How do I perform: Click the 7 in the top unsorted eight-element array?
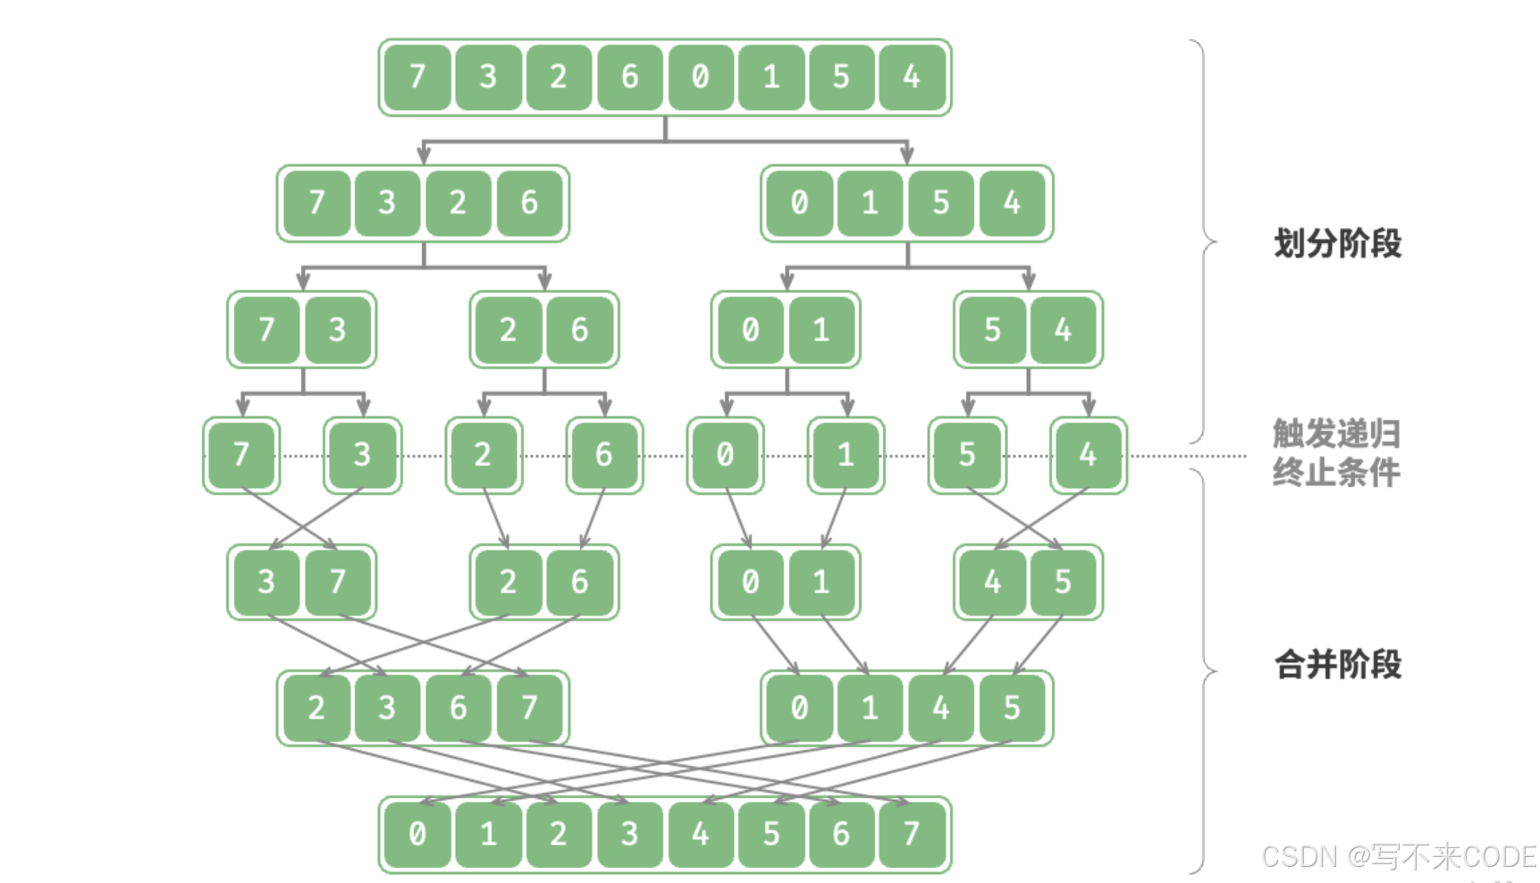pyautogui.click(x=417, y=78)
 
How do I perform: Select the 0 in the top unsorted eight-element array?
pyautogui.click(x=700, y=78)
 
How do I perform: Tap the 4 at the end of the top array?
pyautogui.click(x=912, y=78)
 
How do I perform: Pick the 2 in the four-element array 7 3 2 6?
pyautogui.click(x=458, y=204)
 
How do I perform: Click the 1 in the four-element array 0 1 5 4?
pyautogui.click(x=870, y=204)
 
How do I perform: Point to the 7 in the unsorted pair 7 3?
pyautogui.click(x=266, y=330)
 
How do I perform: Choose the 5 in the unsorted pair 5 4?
pyautogui.click(x=992, y=330)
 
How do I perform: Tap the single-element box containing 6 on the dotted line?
pyautogui.click(x=604, y=455)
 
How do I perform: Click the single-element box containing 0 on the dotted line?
pyautogui.click(x=725, y=455)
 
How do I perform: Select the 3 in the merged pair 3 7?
pyautogui.click(x=266, y=582)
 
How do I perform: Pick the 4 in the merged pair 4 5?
pyautogui.click(x=992, y=582)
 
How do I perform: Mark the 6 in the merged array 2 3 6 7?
pyautogui.click(x=458, y=708)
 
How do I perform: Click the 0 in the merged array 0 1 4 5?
pyautogui.click(x=799, y=708)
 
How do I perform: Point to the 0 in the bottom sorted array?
pyautogui.click(x=417, y=834)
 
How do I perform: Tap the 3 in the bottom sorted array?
pyautogui.click(x=629, y=834)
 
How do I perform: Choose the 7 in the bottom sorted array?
pyautogui.click(x=912, y=834)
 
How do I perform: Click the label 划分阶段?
pyautogui.click(x=1337, y=243)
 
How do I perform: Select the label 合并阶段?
pyautogui.click(x=1337, y=665)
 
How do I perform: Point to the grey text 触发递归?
pyautogui.click(x=1336, y=434)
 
